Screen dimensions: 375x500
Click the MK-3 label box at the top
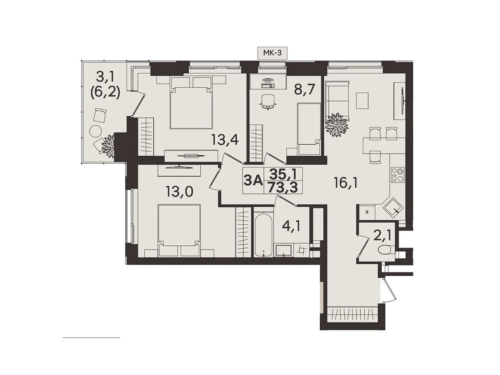click(272, 53)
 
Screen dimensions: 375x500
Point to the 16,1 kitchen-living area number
click(346, 183)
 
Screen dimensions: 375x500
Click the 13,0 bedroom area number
click(179, 191)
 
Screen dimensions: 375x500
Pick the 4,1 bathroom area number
click(291, 226)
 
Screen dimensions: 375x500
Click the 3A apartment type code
click(253, 181)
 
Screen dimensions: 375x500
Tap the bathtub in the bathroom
click(263, 234)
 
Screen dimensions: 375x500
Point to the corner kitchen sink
click(393, 207)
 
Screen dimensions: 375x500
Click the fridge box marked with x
click(367, 212)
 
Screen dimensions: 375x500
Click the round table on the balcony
click(96, 131)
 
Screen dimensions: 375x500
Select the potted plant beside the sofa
click(337, 125)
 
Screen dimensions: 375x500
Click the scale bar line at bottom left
click(91, 338)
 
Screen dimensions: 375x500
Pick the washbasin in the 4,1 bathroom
click(283, 250)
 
